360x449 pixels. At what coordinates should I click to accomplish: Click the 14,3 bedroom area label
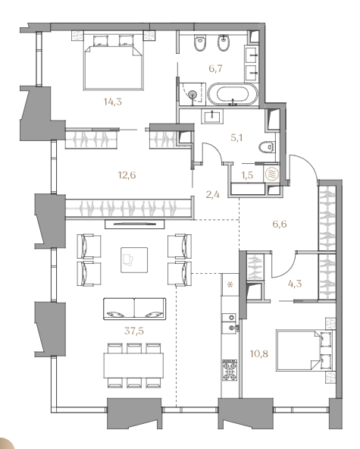(x=113, y=102)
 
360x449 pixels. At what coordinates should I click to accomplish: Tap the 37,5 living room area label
(x=134, y=331)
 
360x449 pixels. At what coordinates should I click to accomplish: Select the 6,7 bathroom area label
(x=215, y=68)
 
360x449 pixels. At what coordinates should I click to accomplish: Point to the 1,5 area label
(x=248, y=175)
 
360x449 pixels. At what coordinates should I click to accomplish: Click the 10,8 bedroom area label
(x=259, y=354)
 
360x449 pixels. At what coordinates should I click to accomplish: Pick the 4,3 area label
(x=295, y=284)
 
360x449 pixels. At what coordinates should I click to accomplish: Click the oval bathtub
(x=233, y=95)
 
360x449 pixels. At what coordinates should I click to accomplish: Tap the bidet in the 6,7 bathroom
(x=224, y=42)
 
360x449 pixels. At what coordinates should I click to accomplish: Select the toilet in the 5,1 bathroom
(x=267, y=147)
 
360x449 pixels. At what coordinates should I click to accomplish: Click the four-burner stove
(x=230, y=370)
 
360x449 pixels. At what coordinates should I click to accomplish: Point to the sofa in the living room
(x=134, y=309)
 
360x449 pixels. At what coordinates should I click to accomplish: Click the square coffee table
(x=134, y=260)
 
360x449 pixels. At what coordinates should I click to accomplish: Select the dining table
(x=134, y=366)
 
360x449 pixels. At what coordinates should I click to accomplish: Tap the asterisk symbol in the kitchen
(x=230, y=285)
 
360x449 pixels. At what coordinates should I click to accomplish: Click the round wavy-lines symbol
(x=271, y=174)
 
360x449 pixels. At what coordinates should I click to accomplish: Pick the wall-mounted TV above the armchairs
(x=135, y=224)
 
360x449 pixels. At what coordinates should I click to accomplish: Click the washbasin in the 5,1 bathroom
(x=212, y=116)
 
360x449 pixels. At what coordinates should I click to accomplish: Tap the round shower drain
(x=193, y=93)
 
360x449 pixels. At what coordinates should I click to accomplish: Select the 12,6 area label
(x=127, y=174)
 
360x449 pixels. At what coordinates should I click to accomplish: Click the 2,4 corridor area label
(x=213, y=195)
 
